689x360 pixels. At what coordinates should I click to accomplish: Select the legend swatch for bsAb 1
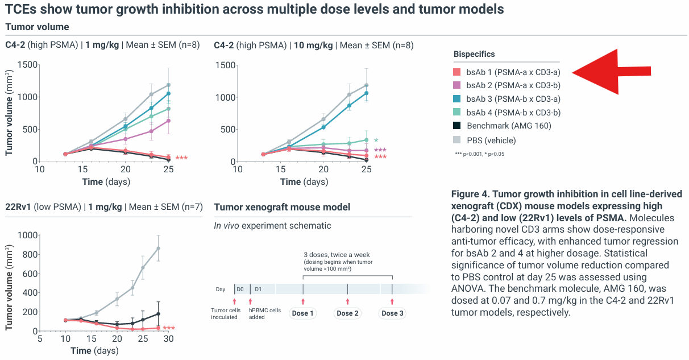click(x=457, y=72)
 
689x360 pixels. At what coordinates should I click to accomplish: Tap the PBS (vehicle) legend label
click(x=491, y=140)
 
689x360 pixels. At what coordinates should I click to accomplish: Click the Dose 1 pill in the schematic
click(x=303, y=313)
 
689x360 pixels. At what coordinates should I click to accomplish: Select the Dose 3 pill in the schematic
click(x=392, y=313)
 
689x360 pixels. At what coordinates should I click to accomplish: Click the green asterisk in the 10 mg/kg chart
click(x=376, y=140)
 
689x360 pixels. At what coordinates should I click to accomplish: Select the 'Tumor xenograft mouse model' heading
click(x=282, y=207)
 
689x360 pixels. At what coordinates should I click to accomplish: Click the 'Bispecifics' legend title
click(x=474, y=54)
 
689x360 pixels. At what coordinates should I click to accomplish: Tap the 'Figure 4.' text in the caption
click(x=470, y=195)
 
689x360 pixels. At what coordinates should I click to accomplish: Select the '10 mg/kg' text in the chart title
click(x=313, y=45)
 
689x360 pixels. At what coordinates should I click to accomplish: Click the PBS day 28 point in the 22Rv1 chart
click(x=159, y=248)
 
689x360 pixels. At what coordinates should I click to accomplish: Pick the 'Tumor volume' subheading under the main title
click(x=37, y=27)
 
